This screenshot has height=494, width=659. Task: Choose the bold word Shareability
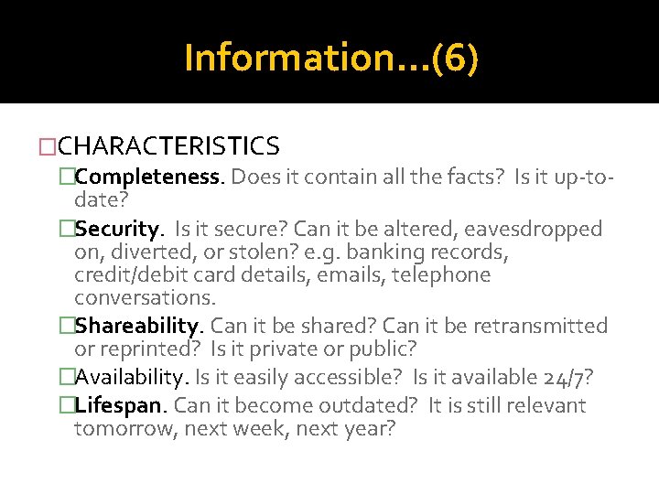pyautogui.click(x=137, y=326)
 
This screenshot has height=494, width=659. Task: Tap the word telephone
pyautogui.click(x=441, y=275)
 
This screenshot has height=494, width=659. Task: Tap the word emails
pyautogui.click(x=350, y=275)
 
